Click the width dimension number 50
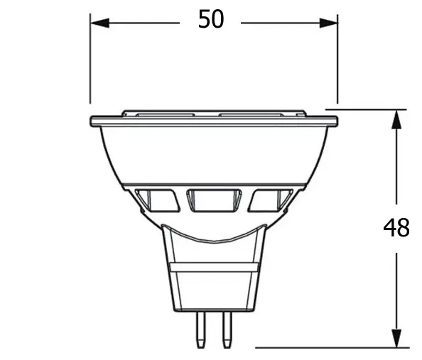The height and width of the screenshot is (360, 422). tap(211, 20)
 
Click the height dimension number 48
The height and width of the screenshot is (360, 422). tap(396, 228)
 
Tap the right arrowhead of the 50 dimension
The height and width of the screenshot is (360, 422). tap(328, 23)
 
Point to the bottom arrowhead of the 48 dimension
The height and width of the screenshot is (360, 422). tap(395, 339)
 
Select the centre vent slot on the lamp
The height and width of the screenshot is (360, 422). tap(213, 200)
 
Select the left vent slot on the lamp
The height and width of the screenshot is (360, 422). tap(161, 201)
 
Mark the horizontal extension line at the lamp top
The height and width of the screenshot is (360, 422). tap(369, 109)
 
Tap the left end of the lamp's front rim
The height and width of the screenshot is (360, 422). tap(93, 121)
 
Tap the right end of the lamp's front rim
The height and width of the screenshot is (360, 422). tap(335, 121)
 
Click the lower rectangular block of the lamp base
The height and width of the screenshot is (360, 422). tap(213, 288)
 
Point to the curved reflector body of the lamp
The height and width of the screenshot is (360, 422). tap(213, 156)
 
